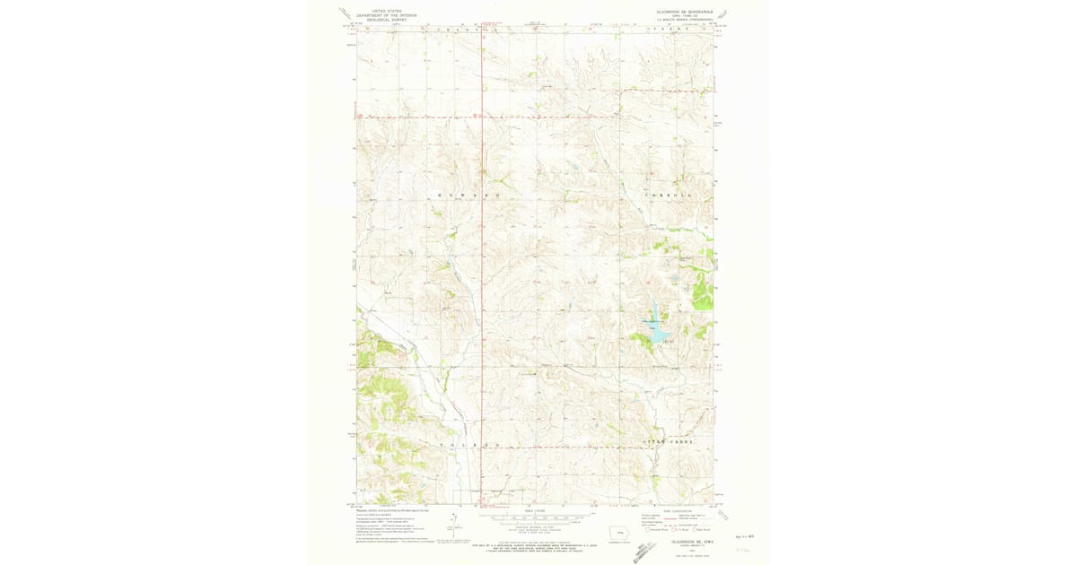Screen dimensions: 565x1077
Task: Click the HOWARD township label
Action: [466, 195]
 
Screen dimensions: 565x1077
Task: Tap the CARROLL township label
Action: [669, 195]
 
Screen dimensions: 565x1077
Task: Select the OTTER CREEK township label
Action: [670, 443]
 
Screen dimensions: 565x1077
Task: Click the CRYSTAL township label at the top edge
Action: [467, 29]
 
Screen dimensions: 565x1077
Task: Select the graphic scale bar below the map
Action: [535, 518]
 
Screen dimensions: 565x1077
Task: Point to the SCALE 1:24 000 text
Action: [535, 509]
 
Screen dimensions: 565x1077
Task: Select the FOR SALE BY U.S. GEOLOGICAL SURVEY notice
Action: [536, 544]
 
